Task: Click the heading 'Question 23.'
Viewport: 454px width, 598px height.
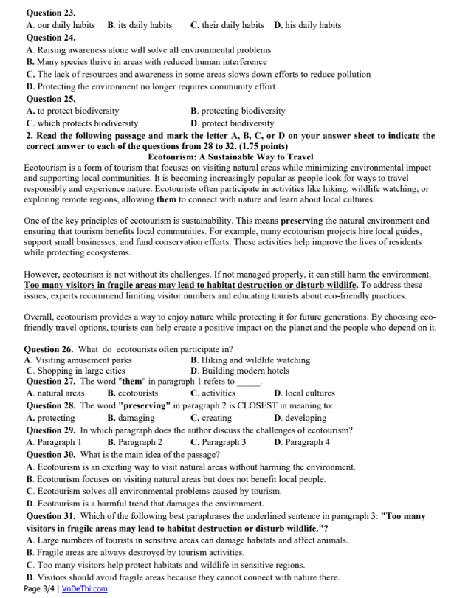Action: pyautogui.click(x=50, y=13)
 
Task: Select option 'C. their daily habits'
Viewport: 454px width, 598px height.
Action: pyautogui.click(x=227, y=25)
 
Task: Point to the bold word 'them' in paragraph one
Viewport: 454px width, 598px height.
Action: pyautogui.click(x=165, y=200)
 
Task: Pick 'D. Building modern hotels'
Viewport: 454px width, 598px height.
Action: pyautogui.click(x=239, y=371)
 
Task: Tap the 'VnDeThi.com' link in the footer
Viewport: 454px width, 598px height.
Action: pyautogui.click(x=85, y=588)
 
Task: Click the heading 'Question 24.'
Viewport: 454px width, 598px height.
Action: pyautogui.click(x=50, y=37)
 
